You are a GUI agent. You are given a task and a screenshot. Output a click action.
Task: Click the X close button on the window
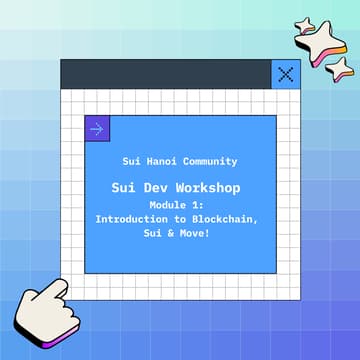pyautogui.click(x=286, y=73)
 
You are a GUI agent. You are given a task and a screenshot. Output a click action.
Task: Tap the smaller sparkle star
pyautogui.click(x=343, y=68)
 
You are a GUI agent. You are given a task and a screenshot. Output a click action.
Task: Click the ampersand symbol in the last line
pyautogui.click(x=178, y=231)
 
